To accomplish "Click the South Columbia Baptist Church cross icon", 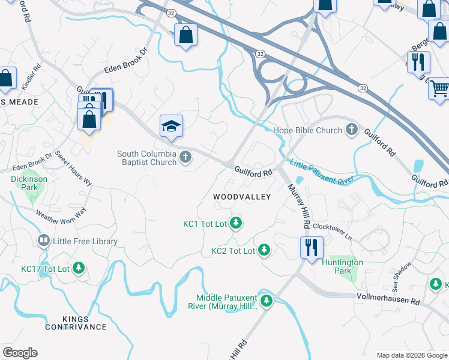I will pos(185,158).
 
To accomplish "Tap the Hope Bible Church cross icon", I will pos(351,130).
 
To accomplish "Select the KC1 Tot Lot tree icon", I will pos(237,224).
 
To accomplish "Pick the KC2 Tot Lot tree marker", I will pos(264,250).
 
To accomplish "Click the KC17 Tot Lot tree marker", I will pos(79,268).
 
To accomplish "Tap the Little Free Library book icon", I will pos(44,241).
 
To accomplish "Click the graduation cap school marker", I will pos(171,126).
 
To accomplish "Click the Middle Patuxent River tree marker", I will pos(266,302).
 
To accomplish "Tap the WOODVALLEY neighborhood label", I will pos(242,197).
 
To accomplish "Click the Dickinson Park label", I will pos(24,183).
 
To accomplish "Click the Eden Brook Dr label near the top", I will pos(125,62).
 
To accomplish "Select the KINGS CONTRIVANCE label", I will pos(76,323).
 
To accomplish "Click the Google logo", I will pos(20,353).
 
